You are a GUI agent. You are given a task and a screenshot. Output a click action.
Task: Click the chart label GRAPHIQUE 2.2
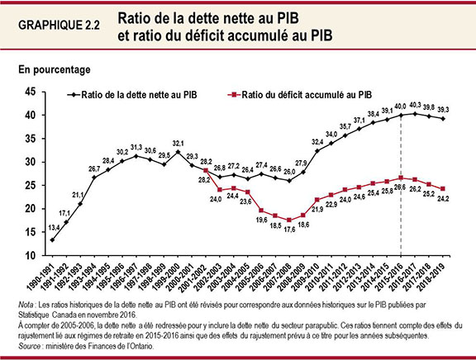59,25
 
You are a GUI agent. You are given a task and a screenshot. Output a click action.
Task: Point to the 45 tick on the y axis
31,91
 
